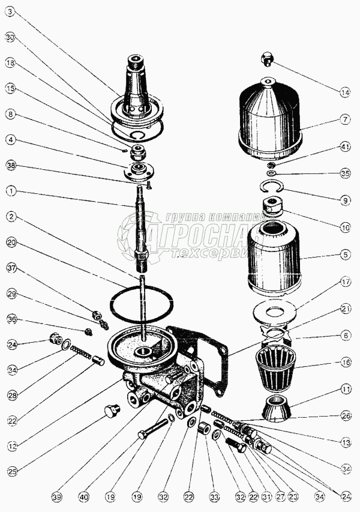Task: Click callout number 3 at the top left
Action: pyautogui.click(x=11, y=12)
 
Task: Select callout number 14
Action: pyautogui.click(x=344, y=92)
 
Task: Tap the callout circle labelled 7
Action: pyautogui.click(x=344, y=120)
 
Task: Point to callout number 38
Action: pyautogui.click(x=11, y=165)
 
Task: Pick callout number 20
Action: pyautogui.click(x=11, y=242)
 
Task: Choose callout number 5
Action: pyautogui.click(x=344, y=254)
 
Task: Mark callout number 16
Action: pyautogui.click(x=344, y=363)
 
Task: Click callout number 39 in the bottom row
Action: pyautogui.click(x=56, y=497)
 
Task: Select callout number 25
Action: pyautogui.click(x=11, y=471)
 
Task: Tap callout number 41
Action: pyautogui.click(x=344, y=146)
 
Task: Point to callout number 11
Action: pyautogui.click(x=344, y=390)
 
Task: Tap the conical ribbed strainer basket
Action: pyautogui.click(x=275, y=368)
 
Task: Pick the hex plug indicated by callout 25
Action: pyautogui.click(x=112, y=411)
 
